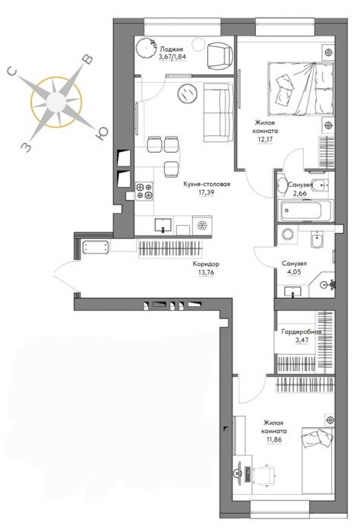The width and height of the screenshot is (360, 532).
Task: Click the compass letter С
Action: tap(12, 71)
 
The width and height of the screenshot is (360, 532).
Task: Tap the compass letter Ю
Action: tap(101, 133)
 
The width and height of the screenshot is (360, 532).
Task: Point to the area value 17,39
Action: tap(207, 192)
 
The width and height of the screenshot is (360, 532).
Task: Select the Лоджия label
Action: tap(172, 49)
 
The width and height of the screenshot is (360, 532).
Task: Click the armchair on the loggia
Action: tap(219, 55)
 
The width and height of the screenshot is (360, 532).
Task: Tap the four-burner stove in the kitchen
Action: tap(144, 192)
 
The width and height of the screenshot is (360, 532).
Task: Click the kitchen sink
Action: tap(163, 225)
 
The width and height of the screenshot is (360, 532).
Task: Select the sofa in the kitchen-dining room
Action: tap(218, 112)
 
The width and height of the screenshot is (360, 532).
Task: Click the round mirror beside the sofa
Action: tap(187, 93)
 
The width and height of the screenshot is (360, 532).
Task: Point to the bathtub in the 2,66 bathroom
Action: tap(305, 211)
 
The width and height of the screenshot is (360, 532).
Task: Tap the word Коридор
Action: tap(206, 264)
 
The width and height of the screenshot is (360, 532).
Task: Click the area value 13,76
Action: tap(206, 272)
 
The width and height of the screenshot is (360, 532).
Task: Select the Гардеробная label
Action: tap(301, 332)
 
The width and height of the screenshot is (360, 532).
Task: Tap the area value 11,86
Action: tap(274, 440)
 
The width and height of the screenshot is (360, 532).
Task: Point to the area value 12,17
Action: tap(265, 139)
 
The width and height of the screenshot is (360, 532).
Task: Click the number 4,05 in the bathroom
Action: tap(294, 272)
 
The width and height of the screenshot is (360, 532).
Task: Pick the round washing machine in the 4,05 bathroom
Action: tap(288, 235)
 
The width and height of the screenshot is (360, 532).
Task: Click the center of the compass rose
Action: tap(56, 102)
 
